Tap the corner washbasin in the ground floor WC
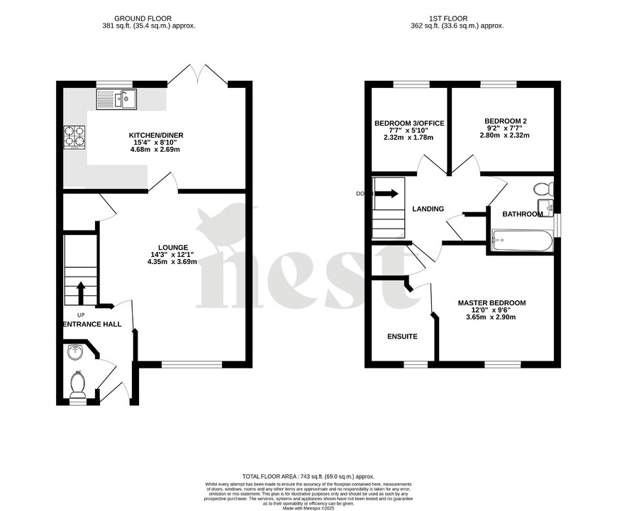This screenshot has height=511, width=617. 74,352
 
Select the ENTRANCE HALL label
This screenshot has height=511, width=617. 91,324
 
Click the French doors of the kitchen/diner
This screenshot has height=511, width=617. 202,75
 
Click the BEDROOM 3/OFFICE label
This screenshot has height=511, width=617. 409,123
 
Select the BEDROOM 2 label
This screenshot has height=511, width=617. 505,121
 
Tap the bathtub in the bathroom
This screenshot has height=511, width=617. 521,241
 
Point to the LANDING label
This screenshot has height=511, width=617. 428,209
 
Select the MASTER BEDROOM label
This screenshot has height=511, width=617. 491,303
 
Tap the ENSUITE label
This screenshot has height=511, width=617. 402,336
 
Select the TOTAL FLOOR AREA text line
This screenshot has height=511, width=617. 308,476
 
